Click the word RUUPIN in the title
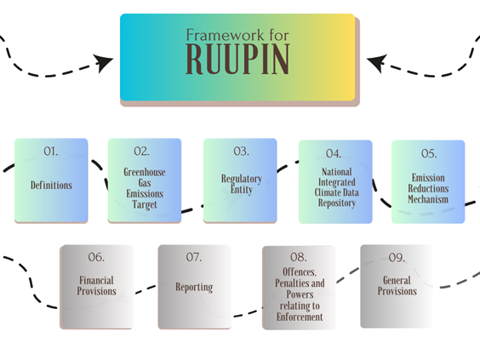[x=237, y=59]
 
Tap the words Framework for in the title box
[x=237, y=35]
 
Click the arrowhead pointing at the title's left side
[x=103, y=63]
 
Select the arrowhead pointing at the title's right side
[x=377, y=63]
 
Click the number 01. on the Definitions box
[x=51, y=151]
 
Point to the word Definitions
[x=51, y=185]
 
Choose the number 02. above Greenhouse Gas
[x=142, y=151]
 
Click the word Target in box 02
[x=145, y=204]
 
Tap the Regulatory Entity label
[x=242, y=184]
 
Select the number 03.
[x=241, y=151]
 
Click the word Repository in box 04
[x=337, y=203]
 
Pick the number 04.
[x=334, y=153]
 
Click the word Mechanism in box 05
[x=428, y=199]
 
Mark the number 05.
[x=429, y=153]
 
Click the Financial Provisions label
[x=96, y=286]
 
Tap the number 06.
[x=96, y=257]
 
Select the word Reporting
[x=194, y=287]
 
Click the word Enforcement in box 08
[x=300, y=317]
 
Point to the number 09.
[x=397, y=258]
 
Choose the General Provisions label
[x=397, y=286]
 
